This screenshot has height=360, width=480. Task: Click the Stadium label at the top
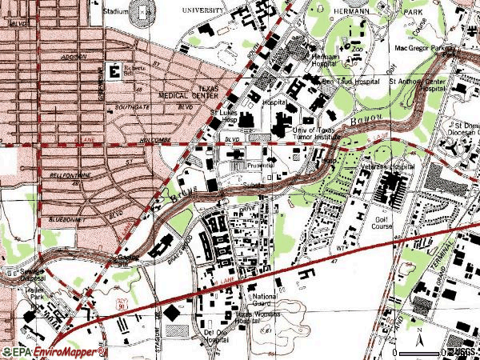click(x=116, y=13)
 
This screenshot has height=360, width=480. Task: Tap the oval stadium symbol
click(x=144, y=11)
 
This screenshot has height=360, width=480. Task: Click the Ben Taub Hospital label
click(x=350, y=82)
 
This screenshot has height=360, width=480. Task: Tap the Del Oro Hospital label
click(x=217, y=335)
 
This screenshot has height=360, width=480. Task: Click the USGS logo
click(x=462, y=351)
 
